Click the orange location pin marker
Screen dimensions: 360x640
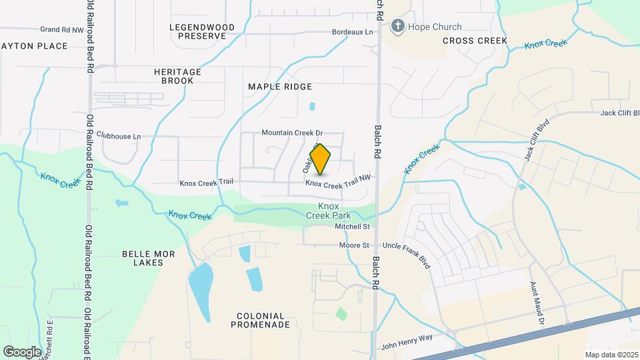point(321,159)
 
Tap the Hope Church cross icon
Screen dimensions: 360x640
point(398,27)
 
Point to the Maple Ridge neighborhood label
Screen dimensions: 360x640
point(280,87)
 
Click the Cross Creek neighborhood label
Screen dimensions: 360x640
point(475,41)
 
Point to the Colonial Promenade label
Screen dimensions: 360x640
point(260,320)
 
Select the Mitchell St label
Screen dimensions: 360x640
point(352,227)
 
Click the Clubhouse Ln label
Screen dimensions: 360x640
point(119,136)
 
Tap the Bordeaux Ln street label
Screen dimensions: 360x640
point(353,32)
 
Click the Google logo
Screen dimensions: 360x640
point(22,351)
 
